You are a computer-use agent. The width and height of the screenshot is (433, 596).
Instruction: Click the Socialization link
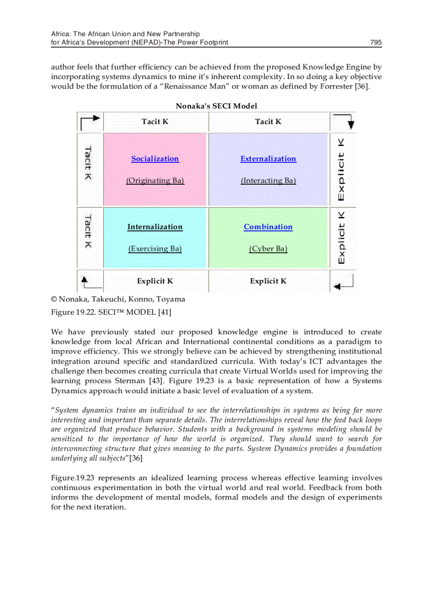click(155, 159)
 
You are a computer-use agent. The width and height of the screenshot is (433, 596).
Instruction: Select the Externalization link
click(268, 159)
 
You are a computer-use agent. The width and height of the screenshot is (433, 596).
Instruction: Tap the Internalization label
click(155, 227)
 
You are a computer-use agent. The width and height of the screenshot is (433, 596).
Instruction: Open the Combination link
click(268, 227)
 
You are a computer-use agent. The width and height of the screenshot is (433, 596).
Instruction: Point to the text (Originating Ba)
click(155, 180)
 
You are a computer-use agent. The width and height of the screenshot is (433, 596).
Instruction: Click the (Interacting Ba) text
click(268, 180)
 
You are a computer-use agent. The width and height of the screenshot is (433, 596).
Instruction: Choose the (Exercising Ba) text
click(155, 248)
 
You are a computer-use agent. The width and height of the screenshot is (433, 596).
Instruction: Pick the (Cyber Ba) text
click(268, 248)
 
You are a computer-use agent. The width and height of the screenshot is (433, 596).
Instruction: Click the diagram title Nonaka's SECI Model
click(216, 106)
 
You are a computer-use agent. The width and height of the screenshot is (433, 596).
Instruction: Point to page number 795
click(376, 42)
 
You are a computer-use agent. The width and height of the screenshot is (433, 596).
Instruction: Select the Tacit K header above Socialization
click(155, 122)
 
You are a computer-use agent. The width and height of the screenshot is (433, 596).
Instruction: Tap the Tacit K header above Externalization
click(268, 122)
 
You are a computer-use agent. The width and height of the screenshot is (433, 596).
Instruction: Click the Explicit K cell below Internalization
click(155, 281)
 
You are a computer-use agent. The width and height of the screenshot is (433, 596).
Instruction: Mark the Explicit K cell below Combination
click(268, 281)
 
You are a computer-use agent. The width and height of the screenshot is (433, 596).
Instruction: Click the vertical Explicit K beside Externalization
click(342, 169)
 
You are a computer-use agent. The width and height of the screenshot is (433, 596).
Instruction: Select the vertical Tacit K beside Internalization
click(89, 231)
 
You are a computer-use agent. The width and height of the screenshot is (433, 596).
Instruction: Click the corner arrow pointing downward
click(344, 122)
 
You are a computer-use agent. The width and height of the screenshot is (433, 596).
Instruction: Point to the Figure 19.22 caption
click(111, 312)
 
